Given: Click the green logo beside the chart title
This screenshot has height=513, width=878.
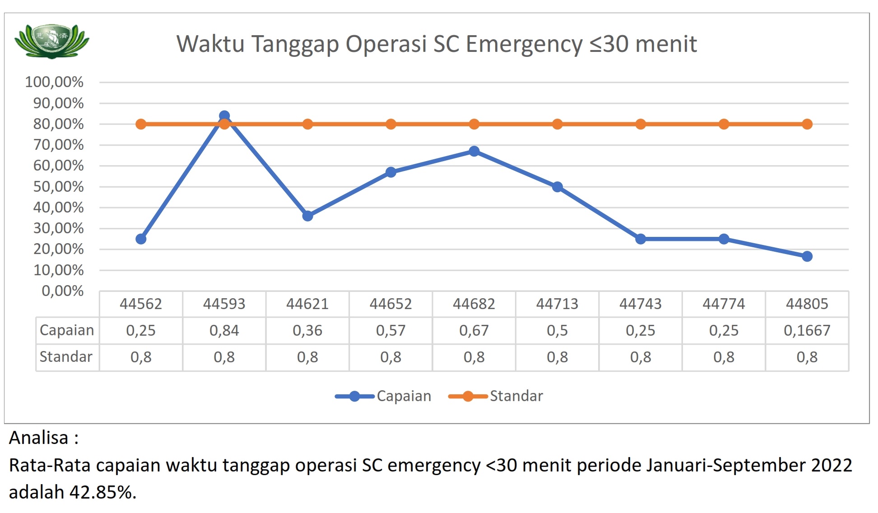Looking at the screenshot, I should (x=51, y=42).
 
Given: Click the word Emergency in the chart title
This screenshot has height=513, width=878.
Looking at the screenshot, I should (x=524, y=44).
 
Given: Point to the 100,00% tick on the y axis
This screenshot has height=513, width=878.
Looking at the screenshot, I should (x=54, y=82).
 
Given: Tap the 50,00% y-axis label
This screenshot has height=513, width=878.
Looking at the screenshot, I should (x=58, y=187).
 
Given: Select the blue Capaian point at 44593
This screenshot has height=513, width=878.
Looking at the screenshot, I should (x=224, y=116).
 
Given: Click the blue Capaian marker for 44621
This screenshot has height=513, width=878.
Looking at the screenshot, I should (x=307, y=216).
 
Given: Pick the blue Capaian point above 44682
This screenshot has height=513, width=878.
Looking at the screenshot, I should (x=474, y=151).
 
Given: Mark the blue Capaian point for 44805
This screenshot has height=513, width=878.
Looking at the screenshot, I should (x=807, y=256).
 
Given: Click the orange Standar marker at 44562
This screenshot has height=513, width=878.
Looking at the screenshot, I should (x=141, y=124).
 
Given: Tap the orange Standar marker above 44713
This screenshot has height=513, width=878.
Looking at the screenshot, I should (x=557, y=124).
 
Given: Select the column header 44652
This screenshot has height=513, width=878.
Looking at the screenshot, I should (x=390, y=304).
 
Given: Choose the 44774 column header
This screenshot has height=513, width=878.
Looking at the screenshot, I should (x=724, y=304).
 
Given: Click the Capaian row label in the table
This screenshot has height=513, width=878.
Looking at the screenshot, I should (x=67, y=330).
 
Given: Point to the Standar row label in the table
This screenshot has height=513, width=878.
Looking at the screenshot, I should (x=66, y=357).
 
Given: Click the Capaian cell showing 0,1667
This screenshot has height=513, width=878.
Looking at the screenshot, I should (x=807, y=331).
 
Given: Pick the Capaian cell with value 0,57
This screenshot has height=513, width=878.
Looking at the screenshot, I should (x=390, y=331).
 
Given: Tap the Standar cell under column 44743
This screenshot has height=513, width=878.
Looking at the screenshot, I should (x=641, y=357).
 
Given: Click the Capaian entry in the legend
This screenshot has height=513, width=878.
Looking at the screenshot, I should (x=384, y=396).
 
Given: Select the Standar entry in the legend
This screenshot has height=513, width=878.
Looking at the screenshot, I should (x=497, y=396).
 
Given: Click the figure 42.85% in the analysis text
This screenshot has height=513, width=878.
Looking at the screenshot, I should (x=102, y=492).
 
